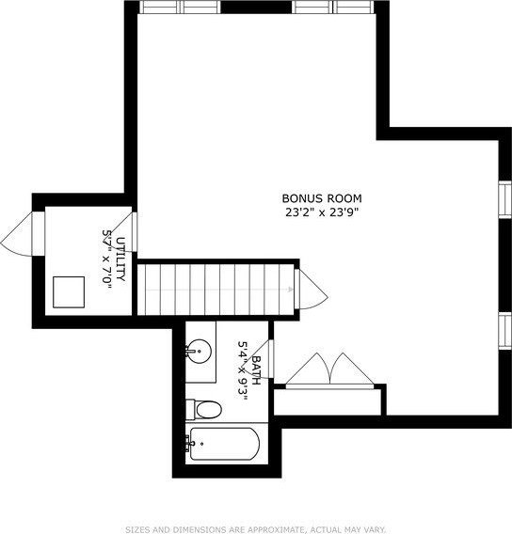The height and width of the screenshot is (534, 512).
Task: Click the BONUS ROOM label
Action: pos(322,198)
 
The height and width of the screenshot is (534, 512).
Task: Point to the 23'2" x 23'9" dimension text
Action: pos(322,212)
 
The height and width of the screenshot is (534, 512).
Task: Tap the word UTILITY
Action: pos(120,259)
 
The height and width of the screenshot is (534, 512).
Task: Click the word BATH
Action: pos(256,370)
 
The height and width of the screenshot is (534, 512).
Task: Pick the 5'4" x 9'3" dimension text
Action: pos(243,371)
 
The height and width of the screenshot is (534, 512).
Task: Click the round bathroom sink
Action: pos(199,351)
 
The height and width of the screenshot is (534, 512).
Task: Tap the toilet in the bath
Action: pos(204,410)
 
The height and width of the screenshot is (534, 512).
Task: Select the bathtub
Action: pos(223,444)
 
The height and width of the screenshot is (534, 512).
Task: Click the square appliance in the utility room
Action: pos(69,292)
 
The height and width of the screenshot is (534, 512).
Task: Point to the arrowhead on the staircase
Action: pos(290,290)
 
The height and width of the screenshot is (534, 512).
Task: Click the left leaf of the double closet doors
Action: pos(308,369)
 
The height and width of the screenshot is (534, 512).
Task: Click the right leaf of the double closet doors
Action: pos(352,369)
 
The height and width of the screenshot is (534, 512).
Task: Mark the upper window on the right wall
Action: pos(505,199)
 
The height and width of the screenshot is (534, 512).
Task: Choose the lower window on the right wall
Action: pos(505,330)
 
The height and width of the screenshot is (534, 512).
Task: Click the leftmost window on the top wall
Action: pos(160,7)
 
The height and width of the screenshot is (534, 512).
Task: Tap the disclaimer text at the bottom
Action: pos(256,530)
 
